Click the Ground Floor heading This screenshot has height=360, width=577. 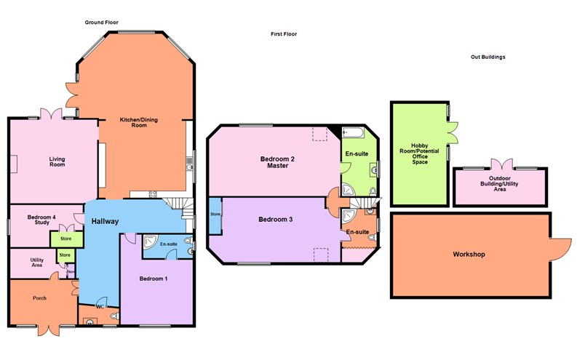point(101,23)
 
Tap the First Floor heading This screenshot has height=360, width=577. point(284,34)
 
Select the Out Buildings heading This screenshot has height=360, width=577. point(488,57)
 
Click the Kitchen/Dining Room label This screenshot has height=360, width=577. point(134,122)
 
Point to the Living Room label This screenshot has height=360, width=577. point(57,161)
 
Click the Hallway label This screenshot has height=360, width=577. point(106,221)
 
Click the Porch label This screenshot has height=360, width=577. point(39,297)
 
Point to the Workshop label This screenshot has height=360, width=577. point(469,255)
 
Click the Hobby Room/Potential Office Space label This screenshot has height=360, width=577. point(419,153)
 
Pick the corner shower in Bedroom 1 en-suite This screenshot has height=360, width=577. point(151,243)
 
